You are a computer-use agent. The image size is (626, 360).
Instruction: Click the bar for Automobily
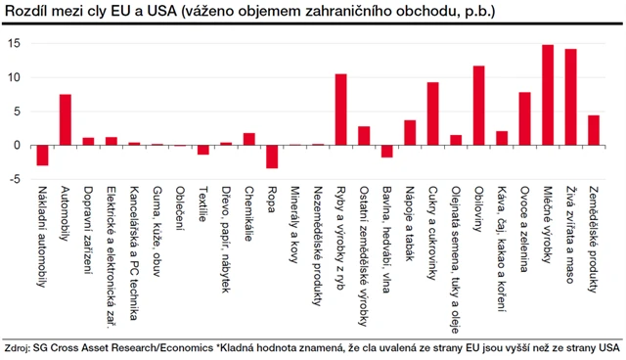(66, 119)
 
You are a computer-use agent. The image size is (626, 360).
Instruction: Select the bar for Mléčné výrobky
(548, 95)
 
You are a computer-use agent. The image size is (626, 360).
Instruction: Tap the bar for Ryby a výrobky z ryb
(341, 110)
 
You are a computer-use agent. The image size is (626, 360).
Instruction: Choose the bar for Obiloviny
(478, 106)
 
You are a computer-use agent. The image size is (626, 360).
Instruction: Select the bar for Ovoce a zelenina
(524, 118)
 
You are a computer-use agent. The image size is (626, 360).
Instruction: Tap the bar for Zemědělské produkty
(593, 130)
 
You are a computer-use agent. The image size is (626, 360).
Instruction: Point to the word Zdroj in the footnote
(17, 347)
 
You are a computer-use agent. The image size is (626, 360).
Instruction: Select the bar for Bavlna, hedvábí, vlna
(386, 152)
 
